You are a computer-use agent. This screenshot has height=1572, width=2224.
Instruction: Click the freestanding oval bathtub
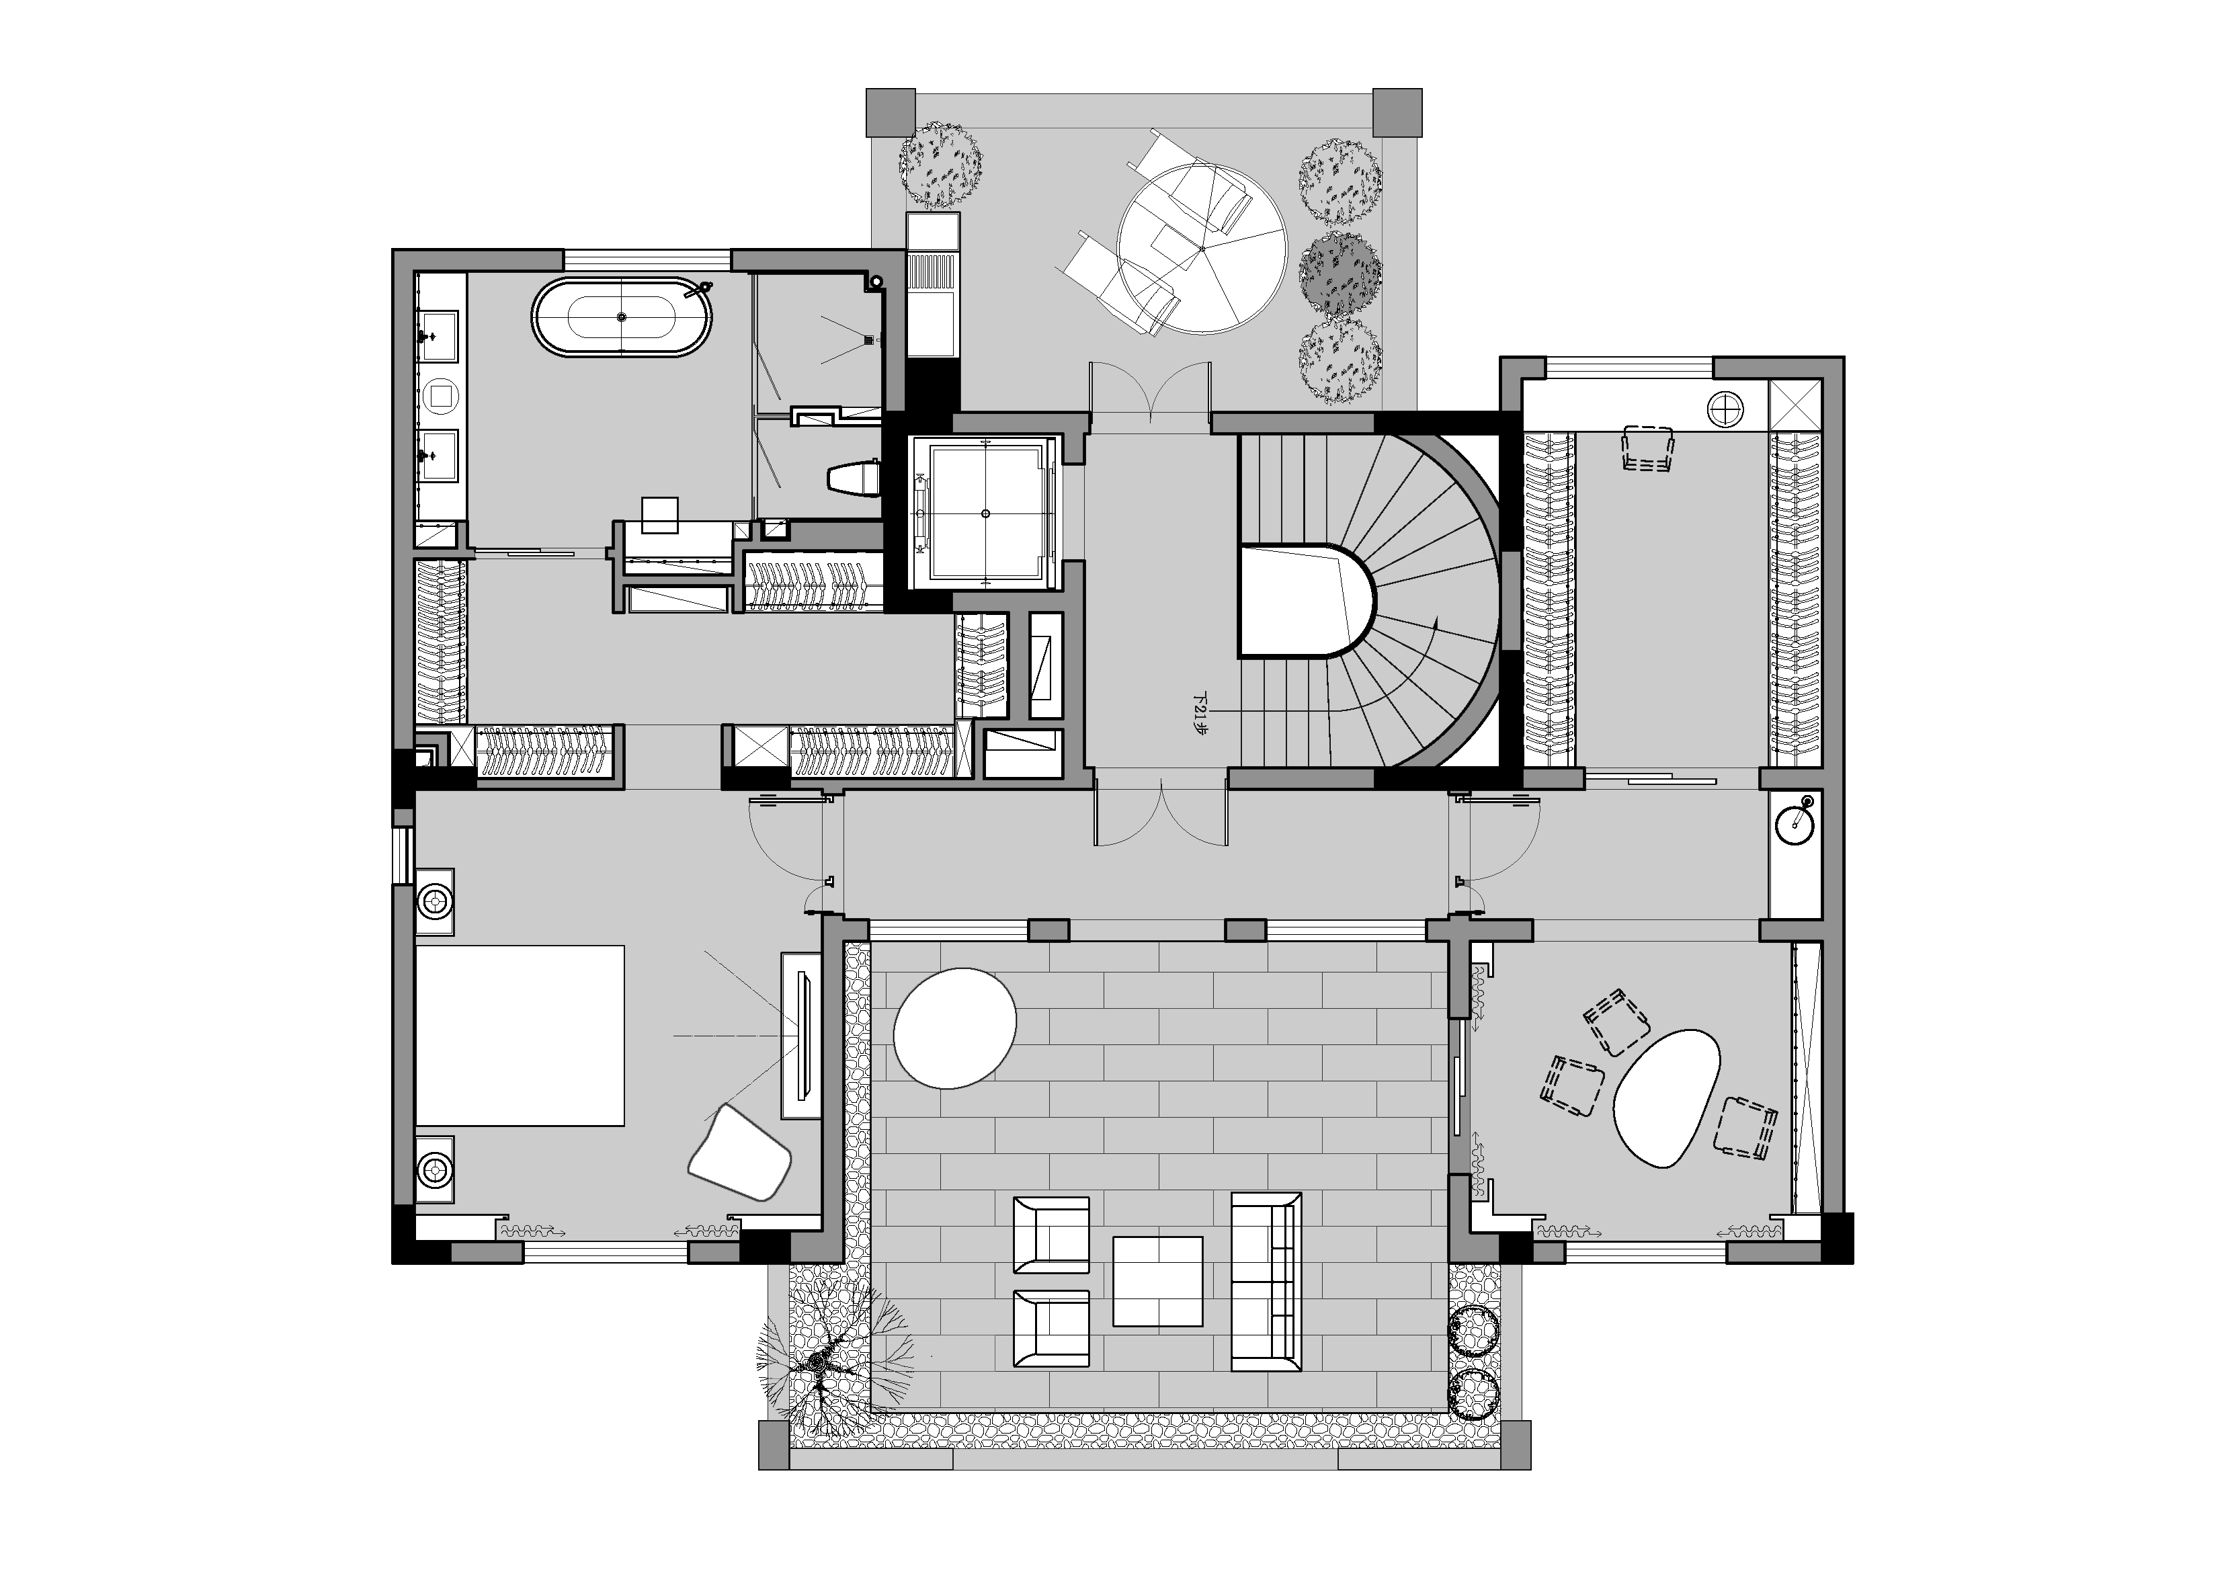(x=622, y=317)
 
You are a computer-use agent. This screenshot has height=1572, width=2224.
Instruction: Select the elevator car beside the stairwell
(x=984, y=511)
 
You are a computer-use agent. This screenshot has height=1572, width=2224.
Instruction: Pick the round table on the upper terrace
(x=1201, y=249)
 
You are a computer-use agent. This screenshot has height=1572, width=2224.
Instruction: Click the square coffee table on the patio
(x=1157, y=1280)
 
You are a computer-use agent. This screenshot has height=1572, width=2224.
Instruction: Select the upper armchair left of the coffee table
(x=1051, y=1234)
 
